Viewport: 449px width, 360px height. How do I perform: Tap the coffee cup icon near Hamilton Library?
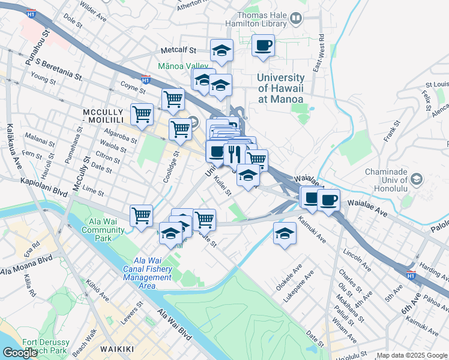coord(263,46)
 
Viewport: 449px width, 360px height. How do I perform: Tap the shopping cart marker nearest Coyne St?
coord(173,98)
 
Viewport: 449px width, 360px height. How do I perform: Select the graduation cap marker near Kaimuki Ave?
coord(285,233)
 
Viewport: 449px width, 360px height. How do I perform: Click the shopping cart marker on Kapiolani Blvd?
coord(141,215)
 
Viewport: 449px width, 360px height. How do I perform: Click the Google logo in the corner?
coord(20,353)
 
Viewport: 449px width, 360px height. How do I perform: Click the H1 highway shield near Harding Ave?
coord(411,275)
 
